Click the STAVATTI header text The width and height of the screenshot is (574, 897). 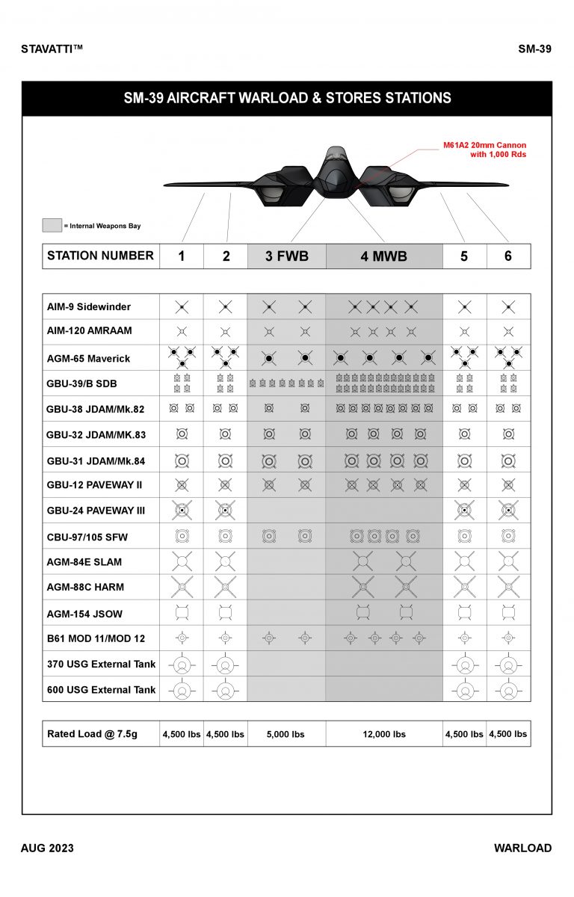pyautogui.click(x=52, y=49)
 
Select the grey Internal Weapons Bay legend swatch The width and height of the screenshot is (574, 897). pyautogui.click(x=52, y=225)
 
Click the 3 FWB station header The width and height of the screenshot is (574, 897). pyautogui.click(x=286, y=256)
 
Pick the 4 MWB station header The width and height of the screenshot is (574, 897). pyautogui.click(x=383, y=256)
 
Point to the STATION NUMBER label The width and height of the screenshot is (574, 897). pyautogui.click(x=100, y=256)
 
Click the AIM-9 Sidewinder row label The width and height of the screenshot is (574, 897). pyautogui.click(x=88, y=307)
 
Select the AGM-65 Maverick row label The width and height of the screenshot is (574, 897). pyautogui.click(x=88, y=359)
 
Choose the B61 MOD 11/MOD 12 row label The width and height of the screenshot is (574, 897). pyautogui.click(x=96, y=638)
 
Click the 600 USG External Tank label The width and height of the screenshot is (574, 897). pyautogui.click(x=101, y=690)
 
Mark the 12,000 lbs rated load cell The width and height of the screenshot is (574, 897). pyautogui.click(x=384, y=734)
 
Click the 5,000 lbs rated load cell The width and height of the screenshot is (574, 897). pyautogui.click(x=286, y=734)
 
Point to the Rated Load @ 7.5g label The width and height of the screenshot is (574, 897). pyautogui.click(x=99, y=734)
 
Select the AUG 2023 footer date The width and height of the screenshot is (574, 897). pyautogui.click(x=47, y=848)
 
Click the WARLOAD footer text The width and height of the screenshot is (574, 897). pyautogui.click(x=522, y=848)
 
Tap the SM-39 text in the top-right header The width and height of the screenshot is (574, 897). pyautogui.click(x=534, y=49)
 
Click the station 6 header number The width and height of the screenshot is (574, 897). pyautogui.click(x=508, y=256)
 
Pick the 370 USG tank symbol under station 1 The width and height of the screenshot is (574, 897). pyautogui.click(x=182, y=664)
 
